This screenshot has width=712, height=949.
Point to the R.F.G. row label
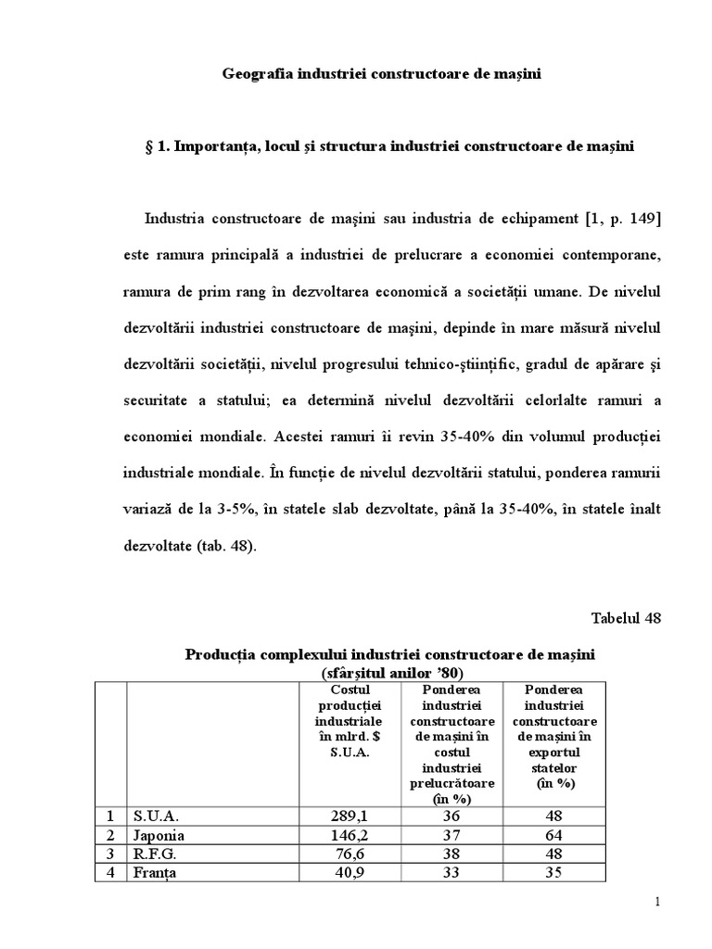click(155, 854)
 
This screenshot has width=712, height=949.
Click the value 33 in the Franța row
click(451, 872)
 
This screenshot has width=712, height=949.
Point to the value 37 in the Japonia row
click(451, 835)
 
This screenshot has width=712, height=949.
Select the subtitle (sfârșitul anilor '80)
click(390, 672)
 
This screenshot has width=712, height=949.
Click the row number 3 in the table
click(111, 854)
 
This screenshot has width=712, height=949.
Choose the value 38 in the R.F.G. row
click(451, 854)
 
